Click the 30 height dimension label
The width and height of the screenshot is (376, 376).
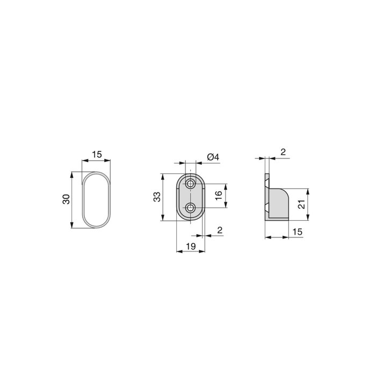click(x=66, y=199)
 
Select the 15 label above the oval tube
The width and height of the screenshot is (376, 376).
click(x=96, y=154)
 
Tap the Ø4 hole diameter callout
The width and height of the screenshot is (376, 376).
click(x=212, y=157)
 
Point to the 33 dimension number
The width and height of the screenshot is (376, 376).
click(x=156, y=197)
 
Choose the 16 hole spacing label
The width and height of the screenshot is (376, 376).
click(x=219, y=196)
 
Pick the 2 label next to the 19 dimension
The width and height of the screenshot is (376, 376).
click(x=220, y=230)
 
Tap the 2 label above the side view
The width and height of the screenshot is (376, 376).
click(x=283, y=153)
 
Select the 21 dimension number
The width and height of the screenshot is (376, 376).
click(x=302, y=204)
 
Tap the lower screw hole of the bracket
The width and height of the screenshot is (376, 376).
click(x=190, y=208)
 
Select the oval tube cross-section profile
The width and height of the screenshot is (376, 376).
click(x=96, y=200)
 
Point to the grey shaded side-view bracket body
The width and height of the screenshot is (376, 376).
click(x=279, y=204)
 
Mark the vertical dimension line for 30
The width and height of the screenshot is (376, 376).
click(x=73, y=200)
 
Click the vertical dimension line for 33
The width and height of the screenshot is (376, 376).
click(x=162, y=197)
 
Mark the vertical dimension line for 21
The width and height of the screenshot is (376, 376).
click(x=308, y=204)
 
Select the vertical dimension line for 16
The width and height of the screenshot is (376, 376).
click(x=225, y=196)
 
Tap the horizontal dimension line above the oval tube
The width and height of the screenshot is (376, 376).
click(x=96, y=160)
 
